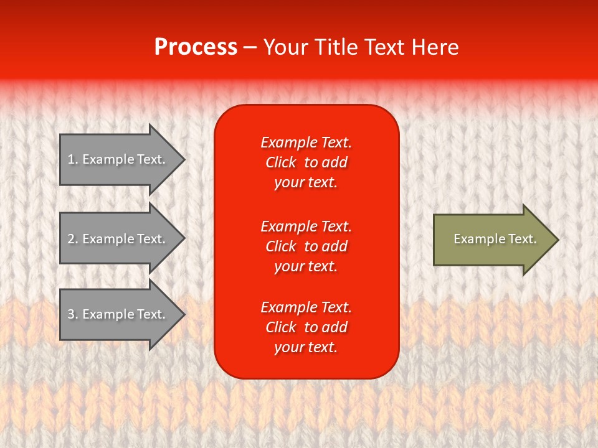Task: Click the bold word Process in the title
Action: (x=196, y=47)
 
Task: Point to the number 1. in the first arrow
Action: (x=73, y=159)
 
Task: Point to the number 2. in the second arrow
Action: (x=73, y=239)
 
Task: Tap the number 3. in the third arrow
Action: (x=73, y=314)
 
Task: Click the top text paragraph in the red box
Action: (x=306, y=162)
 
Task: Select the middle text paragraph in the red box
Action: (x=306, y=246)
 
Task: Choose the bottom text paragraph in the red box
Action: (x=306, y=327)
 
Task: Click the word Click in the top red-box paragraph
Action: (x=281, y=162)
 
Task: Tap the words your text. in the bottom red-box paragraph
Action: (x=306, y=347)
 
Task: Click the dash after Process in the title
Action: (x=250, y=48)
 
